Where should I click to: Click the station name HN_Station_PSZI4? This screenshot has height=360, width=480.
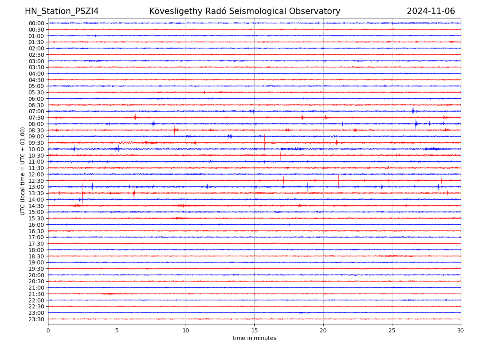pos(62,11)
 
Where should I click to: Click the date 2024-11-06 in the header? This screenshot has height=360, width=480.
pos(431,11)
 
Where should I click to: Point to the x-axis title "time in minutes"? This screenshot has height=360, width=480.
pos(254,338)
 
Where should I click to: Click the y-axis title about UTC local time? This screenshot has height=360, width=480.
pos(23,171)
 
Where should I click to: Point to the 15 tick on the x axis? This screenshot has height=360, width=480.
pos(254,330)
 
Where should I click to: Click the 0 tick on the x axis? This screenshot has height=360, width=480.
pos(48,330)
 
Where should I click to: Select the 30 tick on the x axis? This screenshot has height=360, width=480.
pos(461,330)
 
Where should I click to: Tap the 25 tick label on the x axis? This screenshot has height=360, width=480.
pos(392,330)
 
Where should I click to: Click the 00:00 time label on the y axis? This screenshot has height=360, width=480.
pos(36,23)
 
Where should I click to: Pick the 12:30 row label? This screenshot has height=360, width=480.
pos(36,181)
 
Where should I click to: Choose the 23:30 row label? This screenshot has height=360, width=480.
pos(36,319)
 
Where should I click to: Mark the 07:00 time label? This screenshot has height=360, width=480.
pos(36,111)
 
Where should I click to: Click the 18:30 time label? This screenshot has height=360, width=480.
pos(36,256)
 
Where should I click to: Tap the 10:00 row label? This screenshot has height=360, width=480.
pos(36,149)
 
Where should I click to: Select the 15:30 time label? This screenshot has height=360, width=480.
pos(36,218)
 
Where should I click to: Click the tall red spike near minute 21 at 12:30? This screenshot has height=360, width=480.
pos(338,180)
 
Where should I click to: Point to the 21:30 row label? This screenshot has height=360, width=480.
pos(36,294)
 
